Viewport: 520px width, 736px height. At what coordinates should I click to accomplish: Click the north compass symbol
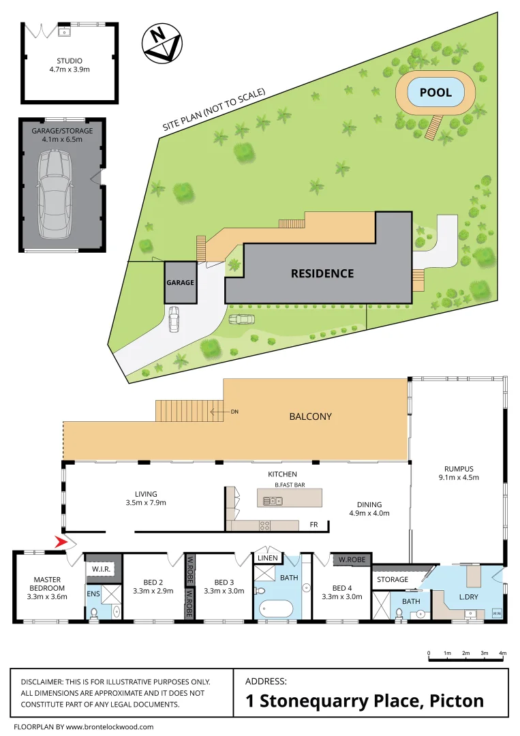tap(162, 44)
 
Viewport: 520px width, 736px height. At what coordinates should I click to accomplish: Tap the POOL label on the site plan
tap(435, 92)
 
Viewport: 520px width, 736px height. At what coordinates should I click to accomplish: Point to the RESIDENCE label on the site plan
tap(322, 273)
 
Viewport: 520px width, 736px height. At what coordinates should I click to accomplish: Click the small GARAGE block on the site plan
tap(180, 282)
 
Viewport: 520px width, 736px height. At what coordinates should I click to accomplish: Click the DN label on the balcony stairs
tap(235, 412)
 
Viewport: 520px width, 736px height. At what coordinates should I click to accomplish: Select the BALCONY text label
tap(310, 416)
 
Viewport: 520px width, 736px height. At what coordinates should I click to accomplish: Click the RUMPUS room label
tap(459, 468)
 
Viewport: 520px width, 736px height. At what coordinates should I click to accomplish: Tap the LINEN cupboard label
tap(266, 558)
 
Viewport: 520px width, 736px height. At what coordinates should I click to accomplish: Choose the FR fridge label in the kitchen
tap(313, 525)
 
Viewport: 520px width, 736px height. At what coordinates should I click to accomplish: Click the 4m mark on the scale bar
tap(503, 653)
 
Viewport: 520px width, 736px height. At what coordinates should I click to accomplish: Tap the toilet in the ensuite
tap(94, 613)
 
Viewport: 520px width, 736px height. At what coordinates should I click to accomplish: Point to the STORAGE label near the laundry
tap(393, 579)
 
